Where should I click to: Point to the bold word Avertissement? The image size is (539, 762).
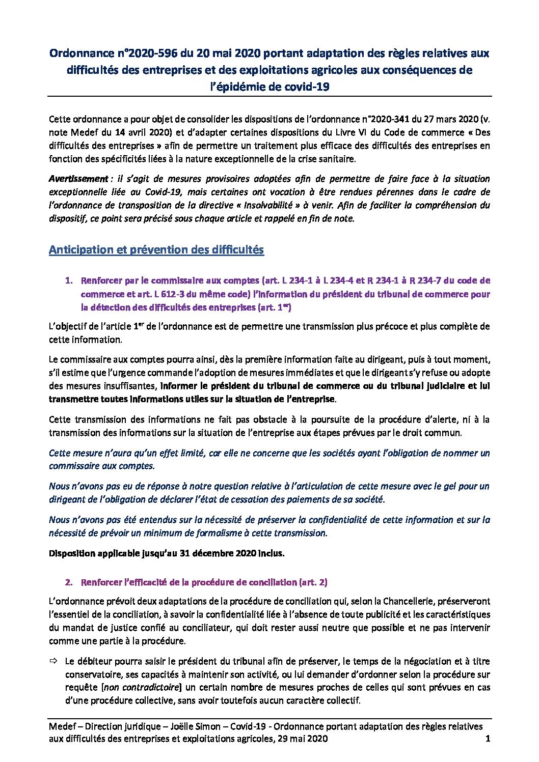tap(78, 179)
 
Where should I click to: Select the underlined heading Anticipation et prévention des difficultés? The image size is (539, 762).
tap(156, 249)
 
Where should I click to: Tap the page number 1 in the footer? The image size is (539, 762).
tap(488, 739)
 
